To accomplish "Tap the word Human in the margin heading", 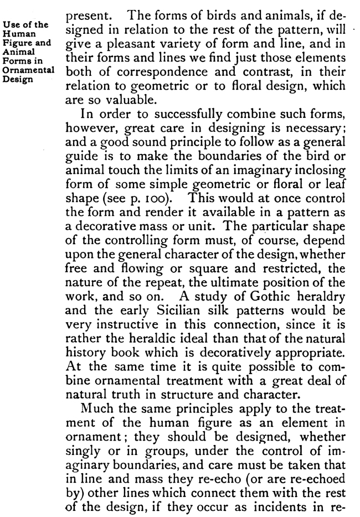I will pos(18,33).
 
